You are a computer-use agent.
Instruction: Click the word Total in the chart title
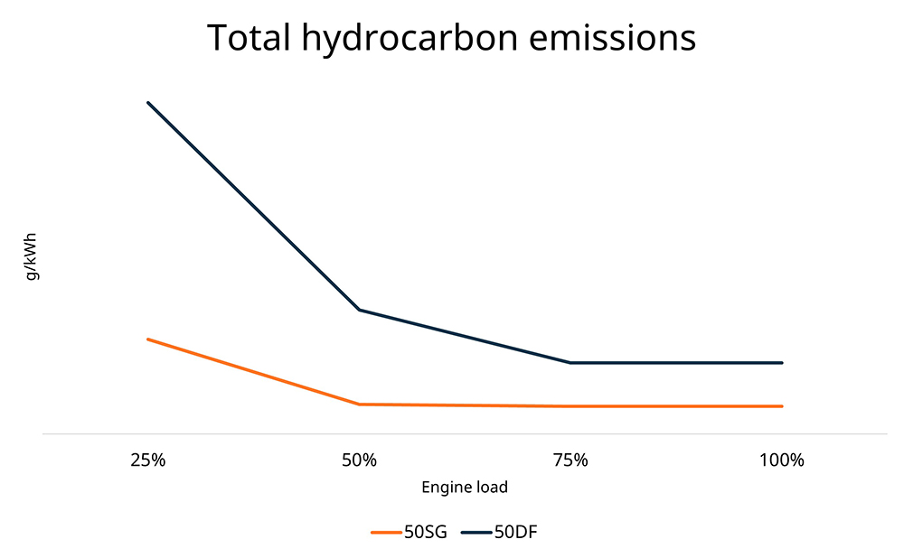(247, 38)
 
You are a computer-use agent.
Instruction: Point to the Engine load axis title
(465, 488)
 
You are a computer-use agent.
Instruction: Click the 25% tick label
(147, 460)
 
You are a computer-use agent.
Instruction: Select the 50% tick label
(359, 460)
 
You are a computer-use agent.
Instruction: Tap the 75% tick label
(570, 460)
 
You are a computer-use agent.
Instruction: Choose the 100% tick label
(782, 460)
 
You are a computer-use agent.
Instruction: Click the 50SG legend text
(425, 532)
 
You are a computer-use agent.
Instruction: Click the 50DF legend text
(516, 532)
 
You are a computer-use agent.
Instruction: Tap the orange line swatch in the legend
(386, 532)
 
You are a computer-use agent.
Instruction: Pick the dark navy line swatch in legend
(476, 532)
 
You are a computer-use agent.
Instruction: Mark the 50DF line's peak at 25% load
(147, 103)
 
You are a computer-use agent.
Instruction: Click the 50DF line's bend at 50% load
(360, 310)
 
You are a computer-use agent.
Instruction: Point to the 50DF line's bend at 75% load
(570, 363)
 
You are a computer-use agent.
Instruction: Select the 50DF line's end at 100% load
(782, 363)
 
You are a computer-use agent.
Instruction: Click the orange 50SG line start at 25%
(147, 339)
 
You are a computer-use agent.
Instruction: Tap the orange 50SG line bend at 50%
(360, 405)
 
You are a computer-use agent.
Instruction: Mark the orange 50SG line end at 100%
(782, 406)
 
